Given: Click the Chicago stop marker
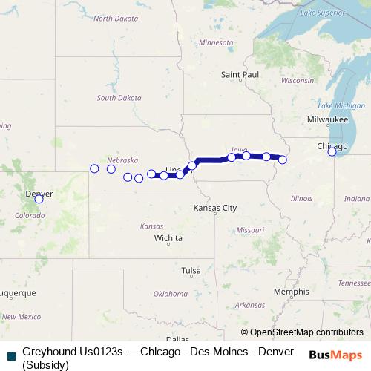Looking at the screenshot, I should tap(332, 152).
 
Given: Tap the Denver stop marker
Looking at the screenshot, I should tap(39, 199).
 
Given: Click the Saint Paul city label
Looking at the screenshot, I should tap(240, 75).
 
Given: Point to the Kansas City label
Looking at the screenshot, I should tap(214, 209).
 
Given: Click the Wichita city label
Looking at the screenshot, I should tap(168, 238).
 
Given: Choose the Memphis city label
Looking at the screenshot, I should tap(291, 292).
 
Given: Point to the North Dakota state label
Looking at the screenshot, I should tap(112, 18).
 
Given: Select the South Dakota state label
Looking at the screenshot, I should tap(118, 98).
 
